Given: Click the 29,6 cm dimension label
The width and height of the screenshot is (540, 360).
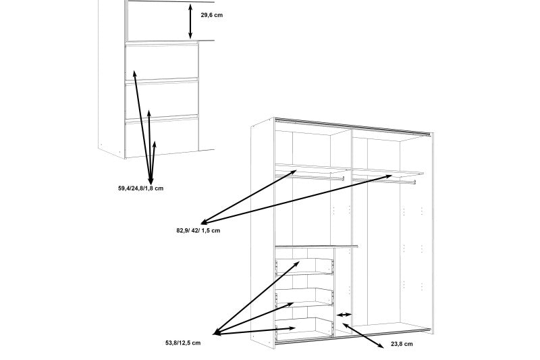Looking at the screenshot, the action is point(211,15).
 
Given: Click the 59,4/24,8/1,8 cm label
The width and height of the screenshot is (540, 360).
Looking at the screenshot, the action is point(140,188).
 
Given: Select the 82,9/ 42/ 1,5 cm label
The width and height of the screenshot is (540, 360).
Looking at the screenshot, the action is point(198,230).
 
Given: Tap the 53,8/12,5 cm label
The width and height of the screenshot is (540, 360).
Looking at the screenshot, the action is point(183,342).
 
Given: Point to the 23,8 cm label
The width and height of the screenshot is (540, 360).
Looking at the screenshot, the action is point(402,344).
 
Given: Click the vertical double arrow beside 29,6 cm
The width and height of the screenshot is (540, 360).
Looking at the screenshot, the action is point(190,22).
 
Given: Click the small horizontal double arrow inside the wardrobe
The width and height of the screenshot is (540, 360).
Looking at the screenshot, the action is point(344,315).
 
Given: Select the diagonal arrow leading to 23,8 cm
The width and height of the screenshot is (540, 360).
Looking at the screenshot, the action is point(362,336).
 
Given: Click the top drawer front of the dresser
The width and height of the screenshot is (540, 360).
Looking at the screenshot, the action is point(161,62).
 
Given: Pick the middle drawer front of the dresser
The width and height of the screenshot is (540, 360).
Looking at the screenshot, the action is point(161,100).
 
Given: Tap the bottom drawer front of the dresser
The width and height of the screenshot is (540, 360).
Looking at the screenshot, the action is point(161,137).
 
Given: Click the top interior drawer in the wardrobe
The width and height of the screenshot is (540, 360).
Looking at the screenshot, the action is point(304,266).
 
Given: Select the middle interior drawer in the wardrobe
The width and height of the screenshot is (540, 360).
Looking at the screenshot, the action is point(304,297).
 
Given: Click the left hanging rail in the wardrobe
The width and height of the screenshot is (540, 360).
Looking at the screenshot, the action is point(310,177).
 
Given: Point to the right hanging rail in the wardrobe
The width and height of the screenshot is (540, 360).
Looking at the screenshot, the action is point(384,180).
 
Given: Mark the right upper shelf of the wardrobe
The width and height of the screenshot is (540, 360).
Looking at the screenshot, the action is point(388,172).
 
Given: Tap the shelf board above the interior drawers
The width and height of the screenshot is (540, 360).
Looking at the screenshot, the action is point(317,247).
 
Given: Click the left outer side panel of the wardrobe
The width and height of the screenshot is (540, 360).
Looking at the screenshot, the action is point(263,234).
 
